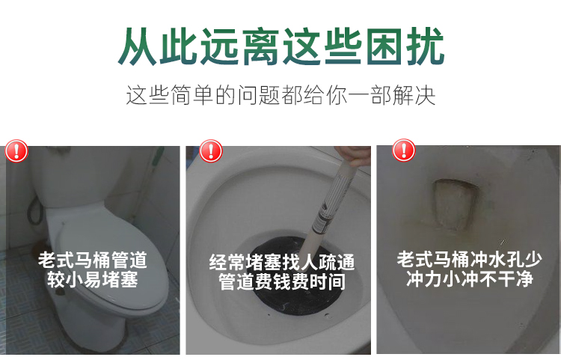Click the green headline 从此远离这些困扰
[281, 46]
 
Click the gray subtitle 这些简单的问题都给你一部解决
[280, 95]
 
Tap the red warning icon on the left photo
[16, 151]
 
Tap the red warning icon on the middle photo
[211, 151]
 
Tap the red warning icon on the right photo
[404, 150]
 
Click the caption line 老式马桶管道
[93, 260]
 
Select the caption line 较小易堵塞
[93, 279]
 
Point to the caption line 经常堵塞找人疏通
[282, 262]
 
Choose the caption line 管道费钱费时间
[282, 281]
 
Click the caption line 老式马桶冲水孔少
[470, 260]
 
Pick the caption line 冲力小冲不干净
[470, 278]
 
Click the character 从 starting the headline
[138, 46]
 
